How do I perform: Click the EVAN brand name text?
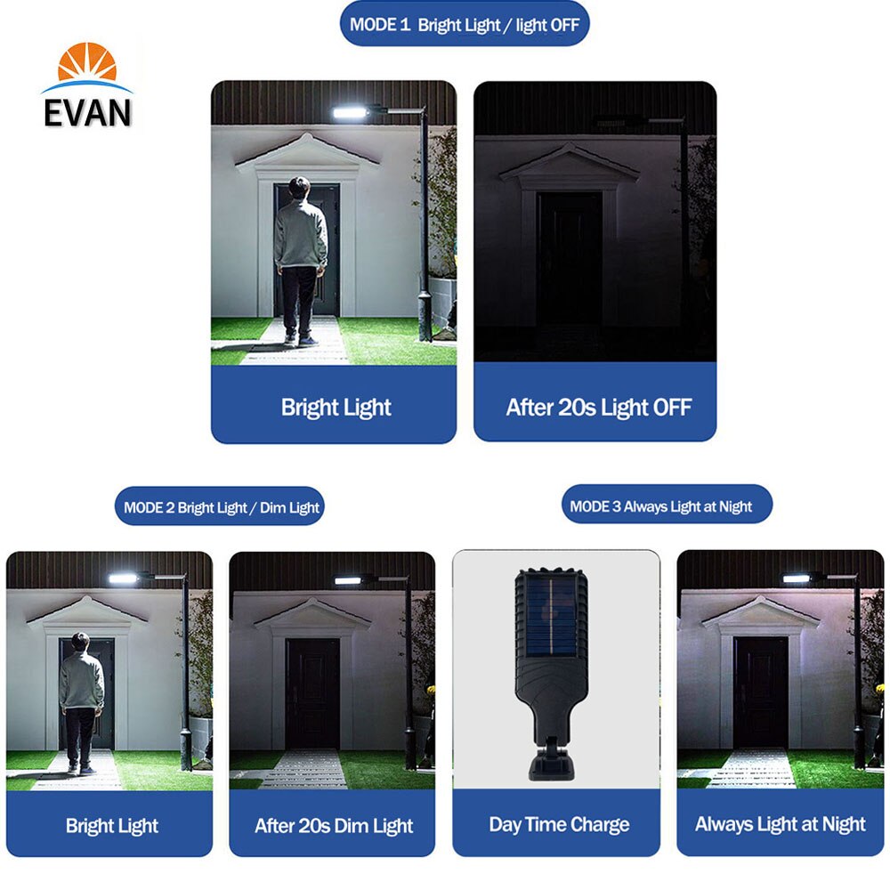[87, 112]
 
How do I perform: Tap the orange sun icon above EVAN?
[87, 61]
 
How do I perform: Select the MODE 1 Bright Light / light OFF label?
[465, 24]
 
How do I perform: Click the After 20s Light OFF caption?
[599, 407]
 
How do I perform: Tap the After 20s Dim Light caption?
[334, 825]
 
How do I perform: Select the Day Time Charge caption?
[559, 824]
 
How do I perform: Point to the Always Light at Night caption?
[781, 824]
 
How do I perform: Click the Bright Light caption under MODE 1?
[336, 408]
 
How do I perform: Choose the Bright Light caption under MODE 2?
[112, 826]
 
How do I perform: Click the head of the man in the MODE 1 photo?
[299, 187]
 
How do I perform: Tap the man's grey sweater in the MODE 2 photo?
[82, 680]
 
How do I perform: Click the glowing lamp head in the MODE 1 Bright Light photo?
[350, 112]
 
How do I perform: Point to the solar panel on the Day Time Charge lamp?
[551, 615]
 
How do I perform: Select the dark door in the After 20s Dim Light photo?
[312, 693]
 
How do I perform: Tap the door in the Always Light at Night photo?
[761, 692]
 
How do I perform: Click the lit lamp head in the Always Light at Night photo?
[797, 578]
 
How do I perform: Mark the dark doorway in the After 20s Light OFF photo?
[570, 259]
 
